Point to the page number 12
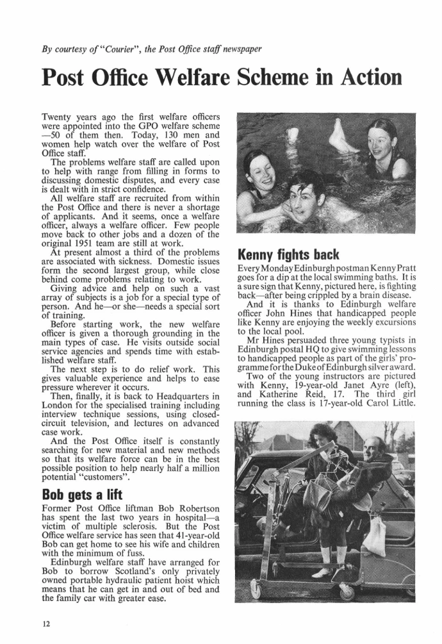click(47, 625)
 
